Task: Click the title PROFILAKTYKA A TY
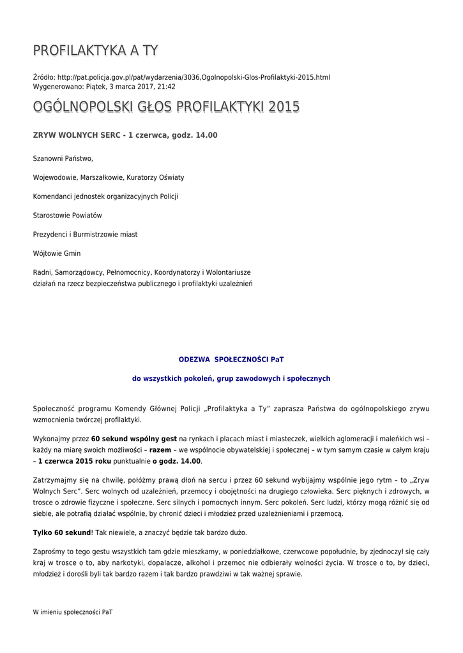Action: pos(95,50)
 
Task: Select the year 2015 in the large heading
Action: pos(284,106)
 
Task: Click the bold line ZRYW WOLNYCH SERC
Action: pos(125,135)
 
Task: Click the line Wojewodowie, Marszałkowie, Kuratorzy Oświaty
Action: pos(109,177)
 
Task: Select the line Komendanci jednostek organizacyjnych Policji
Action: pos(105,196)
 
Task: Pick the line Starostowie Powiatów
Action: pos(67,216)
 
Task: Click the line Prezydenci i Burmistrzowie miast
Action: pos(85,235)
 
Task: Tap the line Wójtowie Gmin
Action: pos(57,254)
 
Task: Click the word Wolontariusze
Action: pos(228,272)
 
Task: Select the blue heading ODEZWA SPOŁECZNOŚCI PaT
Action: pos(231,360)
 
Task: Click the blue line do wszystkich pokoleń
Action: pos(231,379)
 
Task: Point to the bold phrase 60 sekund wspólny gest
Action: pos(133,439)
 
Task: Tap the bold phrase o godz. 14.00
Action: pos(176,461)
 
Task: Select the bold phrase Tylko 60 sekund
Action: pos(62,532)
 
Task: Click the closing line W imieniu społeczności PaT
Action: pos(73,612)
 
